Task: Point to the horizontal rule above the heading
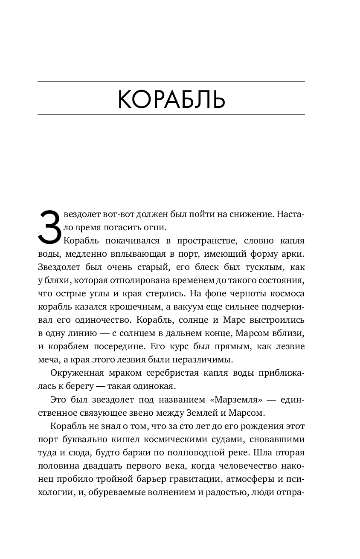coord(171,81)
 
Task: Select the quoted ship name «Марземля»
coord(235,400)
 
